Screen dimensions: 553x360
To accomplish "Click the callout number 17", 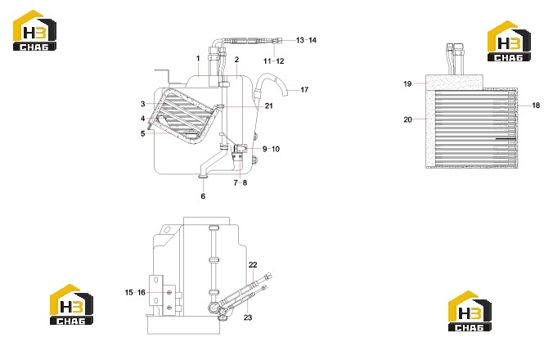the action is [x=304, y=90].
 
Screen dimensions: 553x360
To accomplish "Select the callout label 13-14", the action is [x=306, y=40].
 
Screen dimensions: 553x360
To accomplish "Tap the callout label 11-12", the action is [x=274, y=61].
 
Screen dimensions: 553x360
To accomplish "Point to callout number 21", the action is [x=269, y=106].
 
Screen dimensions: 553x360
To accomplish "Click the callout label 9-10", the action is [x=271, y=149].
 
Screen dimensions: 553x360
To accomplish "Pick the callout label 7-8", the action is [x=241, y=182].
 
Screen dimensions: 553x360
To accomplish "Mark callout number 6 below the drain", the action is [x=203, y=196].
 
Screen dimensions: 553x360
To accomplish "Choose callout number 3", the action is [x=142, y=104].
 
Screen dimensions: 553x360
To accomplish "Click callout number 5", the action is [x=142, y=133].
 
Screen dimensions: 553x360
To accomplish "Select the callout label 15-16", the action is [x=135, y=293].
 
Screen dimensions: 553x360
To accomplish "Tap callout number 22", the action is [x=253, y=265].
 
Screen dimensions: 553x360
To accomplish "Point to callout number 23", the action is [x=248, y=317].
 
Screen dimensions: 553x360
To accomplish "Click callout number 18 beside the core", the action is [x=536, y=106].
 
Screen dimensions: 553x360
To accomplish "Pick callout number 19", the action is [x=407, y=84].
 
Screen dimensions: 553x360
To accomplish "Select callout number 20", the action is [x=407, y=120].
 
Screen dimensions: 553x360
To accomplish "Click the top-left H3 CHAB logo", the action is [x=34, y=30].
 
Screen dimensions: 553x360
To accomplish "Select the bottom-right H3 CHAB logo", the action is [x=470, y=311].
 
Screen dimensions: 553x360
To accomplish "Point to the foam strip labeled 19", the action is [x=454, y=82].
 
